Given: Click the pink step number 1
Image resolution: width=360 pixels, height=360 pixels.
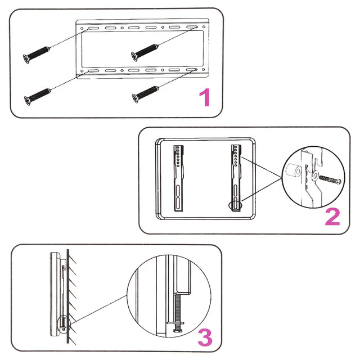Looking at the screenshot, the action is pos(205,97).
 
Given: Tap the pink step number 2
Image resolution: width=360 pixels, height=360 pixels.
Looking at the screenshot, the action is pos(332,217).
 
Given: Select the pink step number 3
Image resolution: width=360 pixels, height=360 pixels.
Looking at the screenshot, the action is pos(205,337).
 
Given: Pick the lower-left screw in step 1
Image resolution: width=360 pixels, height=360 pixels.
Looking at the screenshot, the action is pos(38,97).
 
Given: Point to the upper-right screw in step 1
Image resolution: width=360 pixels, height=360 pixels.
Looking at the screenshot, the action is pos(145,52).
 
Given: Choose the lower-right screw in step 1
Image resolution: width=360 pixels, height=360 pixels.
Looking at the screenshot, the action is pos(145,94).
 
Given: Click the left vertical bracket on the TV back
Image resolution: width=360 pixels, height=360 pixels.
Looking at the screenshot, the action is pos(179,178).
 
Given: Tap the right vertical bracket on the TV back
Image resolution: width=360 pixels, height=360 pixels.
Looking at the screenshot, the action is pos(236,178).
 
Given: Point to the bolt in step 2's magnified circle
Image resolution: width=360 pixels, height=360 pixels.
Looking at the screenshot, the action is pos(330,180).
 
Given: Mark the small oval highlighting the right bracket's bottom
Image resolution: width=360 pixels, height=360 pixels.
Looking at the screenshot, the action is pos(235,205).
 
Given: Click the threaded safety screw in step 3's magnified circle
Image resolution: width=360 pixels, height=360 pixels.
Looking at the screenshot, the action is pos(177,308).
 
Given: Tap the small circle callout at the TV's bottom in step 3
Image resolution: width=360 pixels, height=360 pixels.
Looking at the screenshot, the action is pos(64,324).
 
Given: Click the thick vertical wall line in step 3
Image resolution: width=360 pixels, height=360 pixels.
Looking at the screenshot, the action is pos(68,296).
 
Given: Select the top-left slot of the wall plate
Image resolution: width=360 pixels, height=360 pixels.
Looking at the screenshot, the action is pos(93,28).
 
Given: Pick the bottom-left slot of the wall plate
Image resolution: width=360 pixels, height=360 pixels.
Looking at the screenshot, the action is pos(93,71).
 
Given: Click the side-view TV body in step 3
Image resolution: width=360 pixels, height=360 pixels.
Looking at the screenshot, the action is pos(55,295).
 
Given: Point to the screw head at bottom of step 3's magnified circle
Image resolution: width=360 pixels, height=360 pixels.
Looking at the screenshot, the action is pos(178,330).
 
